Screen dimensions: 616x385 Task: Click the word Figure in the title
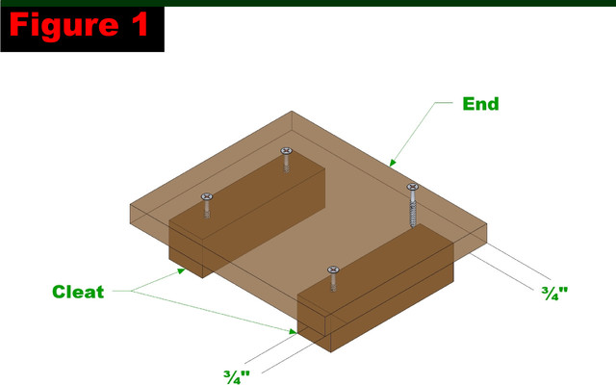(64, 25)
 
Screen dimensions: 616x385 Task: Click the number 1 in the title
(139, 24)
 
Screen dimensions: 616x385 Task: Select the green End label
(480, 104)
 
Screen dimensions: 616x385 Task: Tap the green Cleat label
(78, 292)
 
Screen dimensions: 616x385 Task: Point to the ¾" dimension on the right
(554, 293)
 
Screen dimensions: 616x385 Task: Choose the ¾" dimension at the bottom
(237, 377)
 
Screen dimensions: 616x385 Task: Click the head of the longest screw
(412, 187)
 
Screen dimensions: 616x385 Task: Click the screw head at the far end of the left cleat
(287, 151)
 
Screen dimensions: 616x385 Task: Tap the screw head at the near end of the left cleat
(207, 196)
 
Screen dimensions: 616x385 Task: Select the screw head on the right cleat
(333, 269)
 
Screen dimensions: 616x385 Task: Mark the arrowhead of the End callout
(393, 163)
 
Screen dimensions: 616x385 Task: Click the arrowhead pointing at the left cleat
(181, 270)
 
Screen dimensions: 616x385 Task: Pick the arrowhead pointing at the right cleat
(293, 331)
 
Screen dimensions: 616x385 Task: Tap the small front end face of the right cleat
(314, 323)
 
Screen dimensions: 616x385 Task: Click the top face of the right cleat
(375, 270)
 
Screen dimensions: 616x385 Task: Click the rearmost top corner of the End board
(292, 112)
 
